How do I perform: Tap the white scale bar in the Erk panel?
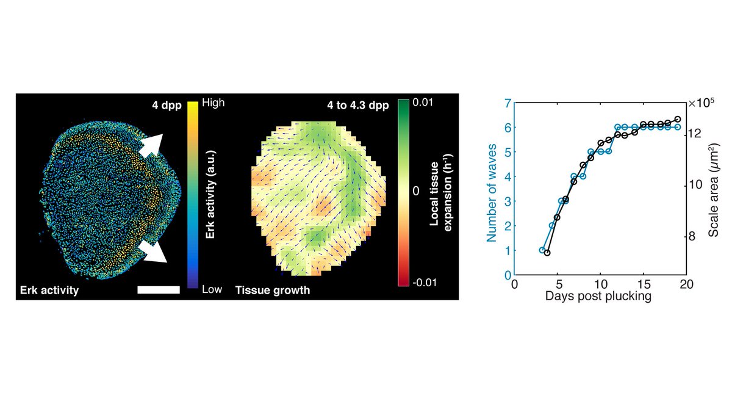(x=159, y=290)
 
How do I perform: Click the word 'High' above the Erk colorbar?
(x=214, y=103)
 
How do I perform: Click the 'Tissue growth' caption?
(x=272, y=291)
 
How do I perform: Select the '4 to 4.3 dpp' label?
(x=362, y=104)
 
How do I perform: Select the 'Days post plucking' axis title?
(x=600, y=297)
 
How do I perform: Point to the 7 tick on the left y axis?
(x=508, y=103)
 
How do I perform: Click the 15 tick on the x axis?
(x=644, y=285)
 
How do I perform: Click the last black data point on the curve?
(x=678, y=120)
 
